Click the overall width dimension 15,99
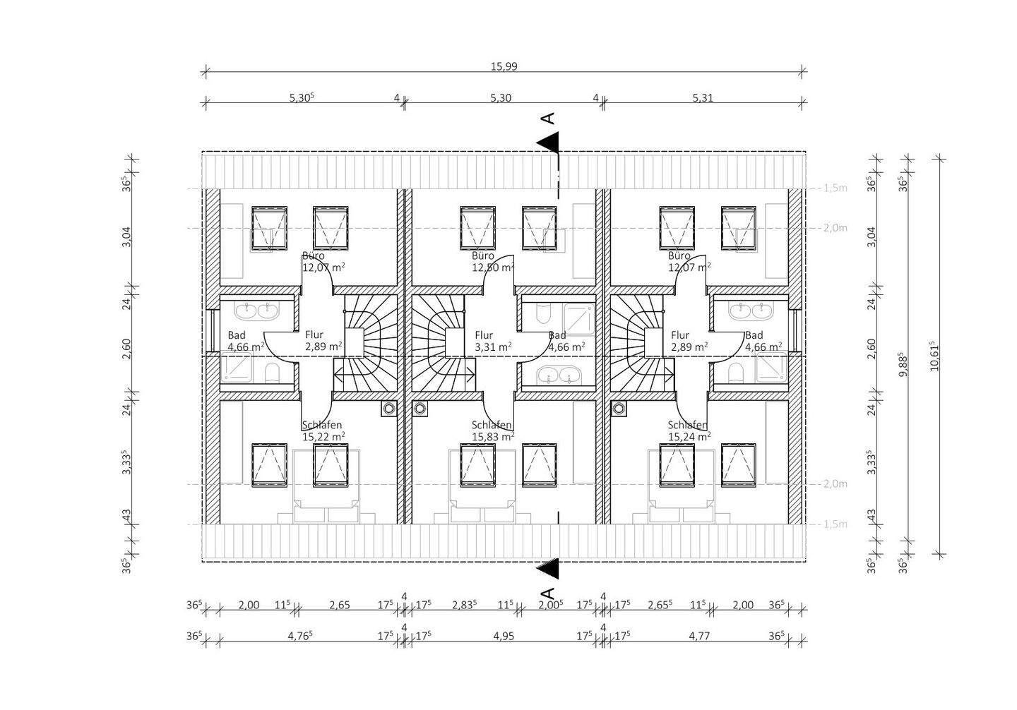pos(504,66)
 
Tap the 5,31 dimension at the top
pos(703,97)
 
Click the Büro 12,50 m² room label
pos(492,262)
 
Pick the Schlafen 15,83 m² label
pos(492,431)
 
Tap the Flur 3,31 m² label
pos(492,341)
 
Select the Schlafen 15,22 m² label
pos(323,431)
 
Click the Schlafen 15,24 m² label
pos(689,431)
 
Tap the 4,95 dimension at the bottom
pos(504,636)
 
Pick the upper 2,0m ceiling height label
pos(835,228)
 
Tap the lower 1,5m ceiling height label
pos(835,524)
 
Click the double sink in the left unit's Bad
pos(258,309)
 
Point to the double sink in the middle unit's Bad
pos(557,376)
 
